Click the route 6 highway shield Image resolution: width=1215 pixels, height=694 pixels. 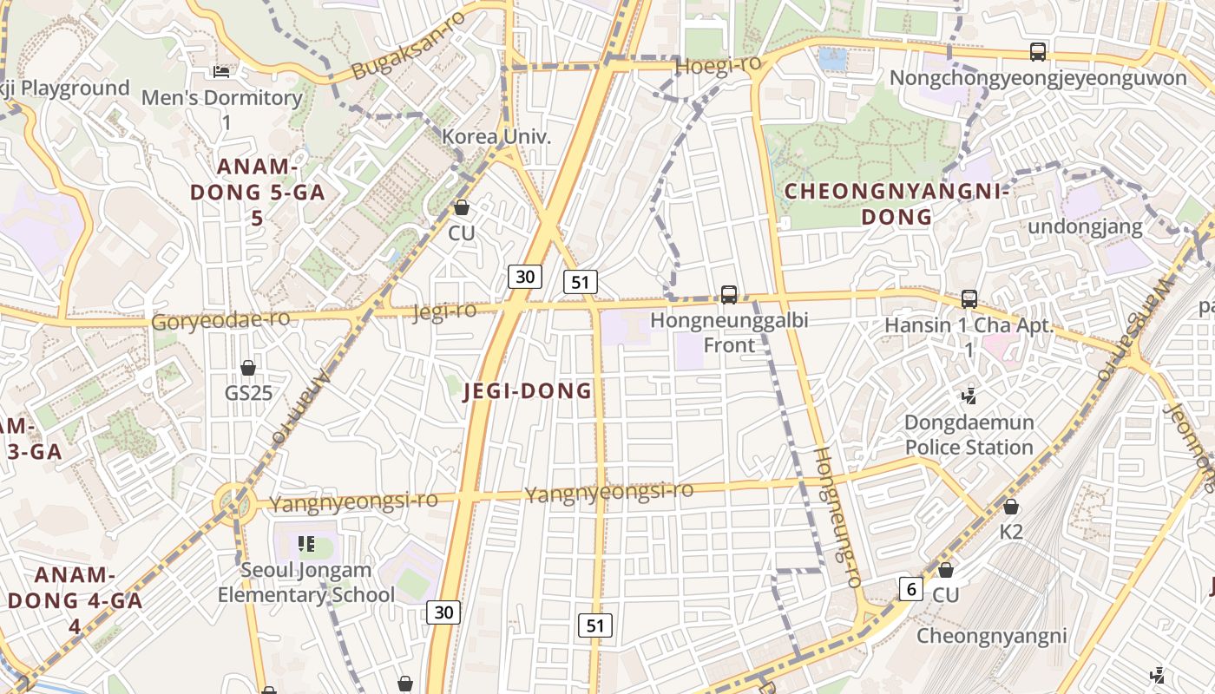coord(910,588)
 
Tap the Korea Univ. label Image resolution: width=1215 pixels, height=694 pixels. coord(496,136)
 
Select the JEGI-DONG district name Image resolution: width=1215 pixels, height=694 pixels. coord(528,390)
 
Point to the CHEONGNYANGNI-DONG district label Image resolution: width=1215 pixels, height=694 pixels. coord(897,203)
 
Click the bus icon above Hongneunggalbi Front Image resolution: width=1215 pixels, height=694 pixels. coord(729,295)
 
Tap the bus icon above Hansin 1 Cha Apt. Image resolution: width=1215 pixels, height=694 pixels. coord(969,299)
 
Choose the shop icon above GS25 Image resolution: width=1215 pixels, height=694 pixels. coord(248,368)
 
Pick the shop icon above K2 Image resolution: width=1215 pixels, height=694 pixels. coord(1011,507)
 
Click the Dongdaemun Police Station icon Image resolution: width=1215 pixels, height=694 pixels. coord(969,396)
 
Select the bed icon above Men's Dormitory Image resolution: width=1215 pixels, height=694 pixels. coord(221,72)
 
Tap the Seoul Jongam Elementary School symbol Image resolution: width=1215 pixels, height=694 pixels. coord(305,544)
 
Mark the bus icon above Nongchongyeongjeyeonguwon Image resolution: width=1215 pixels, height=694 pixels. coord(1038,52)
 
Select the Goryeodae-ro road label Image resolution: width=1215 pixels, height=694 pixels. coord(220,320)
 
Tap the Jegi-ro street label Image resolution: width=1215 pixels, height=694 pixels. coord(445,311)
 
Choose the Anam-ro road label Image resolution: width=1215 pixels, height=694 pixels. coord(300,408)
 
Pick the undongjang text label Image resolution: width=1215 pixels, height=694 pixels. coord(1085,227)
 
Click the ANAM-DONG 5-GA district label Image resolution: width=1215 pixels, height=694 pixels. coord(257,191)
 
